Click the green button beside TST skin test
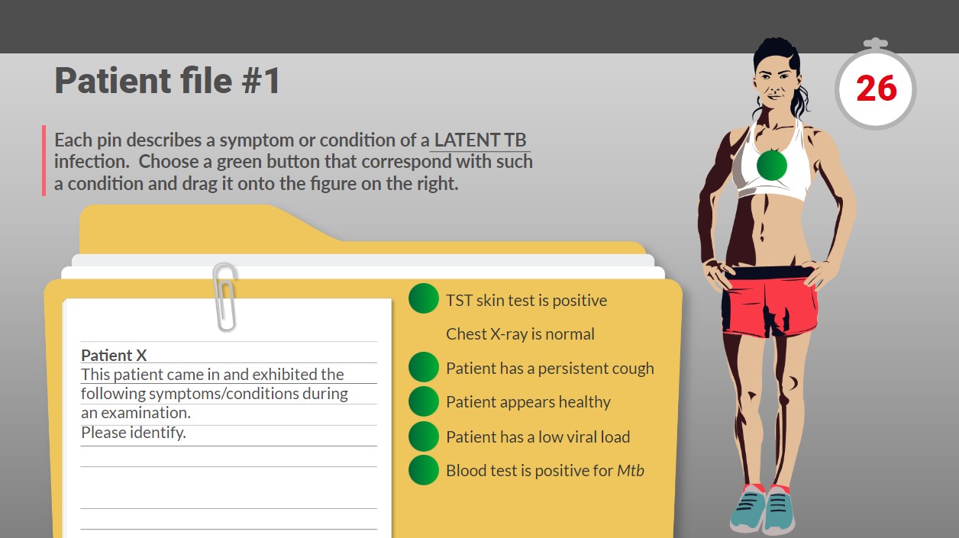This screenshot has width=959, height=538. tap(424, 298)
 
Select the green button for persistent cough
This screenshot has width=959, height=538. tap(424, 367)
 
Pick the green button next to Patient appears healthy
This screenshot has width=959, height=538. tap(424, 401)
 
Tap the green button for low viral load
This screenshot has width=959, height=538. tap(424, 437)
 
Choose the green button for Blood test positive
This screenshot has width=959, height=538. tap(424, 470)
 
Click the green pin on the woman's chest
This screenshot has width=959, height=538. tap(771, 165)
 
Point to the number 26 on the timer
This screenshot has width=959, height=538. tap(876, 89)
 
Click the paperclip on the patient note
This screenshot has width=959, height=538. tap(224, 297)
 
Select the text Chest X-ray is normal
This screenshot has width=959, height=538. tap(520, 333)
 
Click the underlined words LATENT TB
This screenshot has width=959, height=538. tap(480, 140)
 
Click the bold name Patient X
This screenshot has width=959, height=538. tap(114, 356)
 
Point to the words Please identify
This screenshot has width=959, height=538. tap(134, 433)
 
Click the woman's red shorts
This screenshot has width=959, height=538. tap(769, 301)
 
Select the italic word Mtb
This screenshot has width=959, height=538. tap(631, 470)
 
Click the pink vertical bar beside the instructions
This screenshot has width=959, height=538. tap(44, 160)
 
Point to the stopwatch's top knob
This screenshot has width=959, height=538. tap(876, 43)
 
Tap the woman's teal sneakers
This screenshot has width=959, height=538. tap(763, 509)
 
